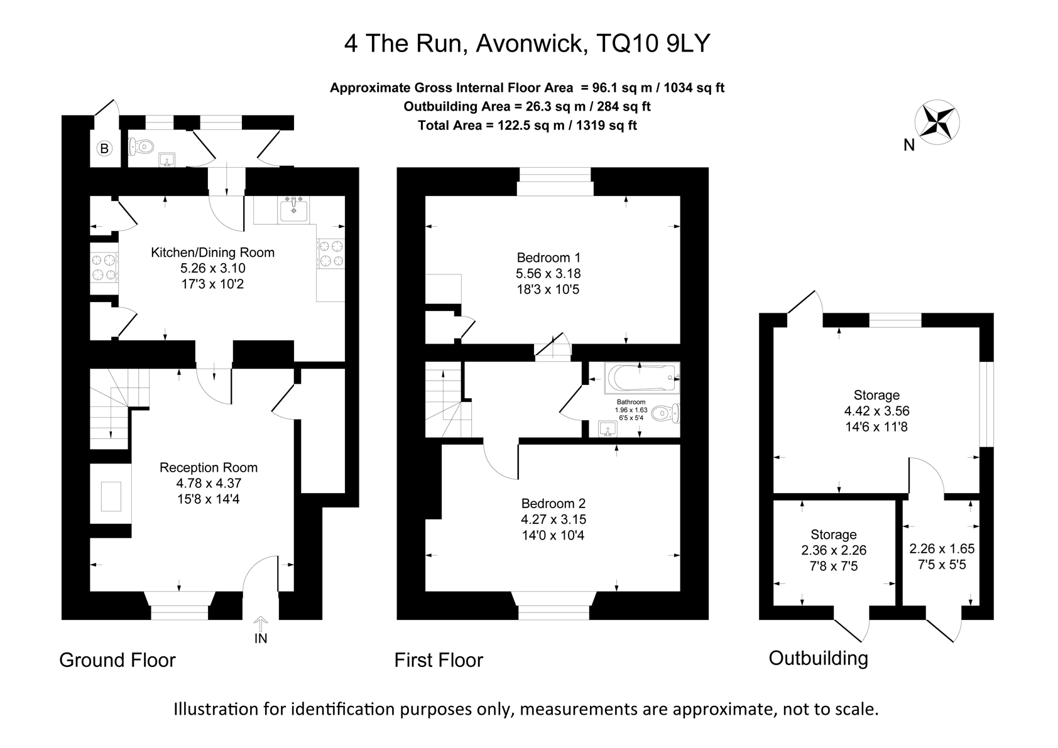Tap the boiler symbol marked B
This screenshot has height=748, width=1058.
click(104, 149)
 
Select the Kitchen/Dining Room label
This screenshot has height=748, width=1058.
click(212, 252)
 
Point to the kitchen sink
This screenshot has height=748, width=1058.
click(293, 209)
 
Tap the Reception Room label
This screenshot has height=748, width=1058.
click(209, 467)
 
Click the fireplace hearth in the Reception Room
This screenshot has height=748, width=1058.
click(111, 496)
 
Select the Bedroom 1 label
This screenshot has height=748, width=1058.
click(548, 257)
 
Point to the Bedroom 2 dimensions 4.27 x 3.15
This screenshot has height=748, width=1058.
click(554, 519)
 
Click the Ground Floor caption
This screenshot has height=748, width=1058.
click(117, 660)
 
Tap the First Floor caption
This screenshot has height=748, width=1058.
click(439, 660)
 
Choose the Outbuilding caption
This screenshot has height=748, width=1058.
click(818, 658)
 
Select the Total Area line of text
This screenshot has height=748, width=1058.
click(527, 125)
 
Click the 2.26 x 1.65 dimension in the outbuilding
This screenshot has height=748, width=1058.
click(942, 548)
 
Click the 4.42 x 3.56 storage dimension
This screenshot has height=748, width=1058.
click(876, 411)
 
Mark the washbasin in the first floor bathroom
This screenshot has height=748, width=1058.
click(608, 430)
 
